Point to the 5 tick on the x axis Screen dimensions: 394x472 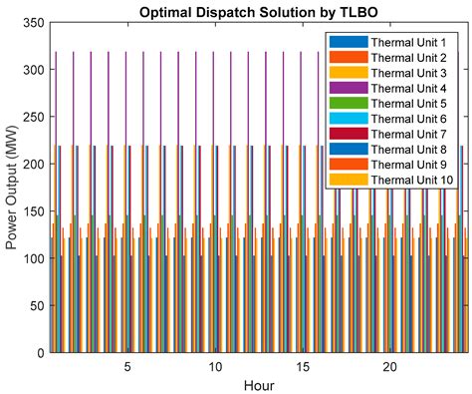[x=127, y=367]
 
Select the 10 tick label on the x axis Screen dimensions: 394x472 [x=215, y=367]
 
